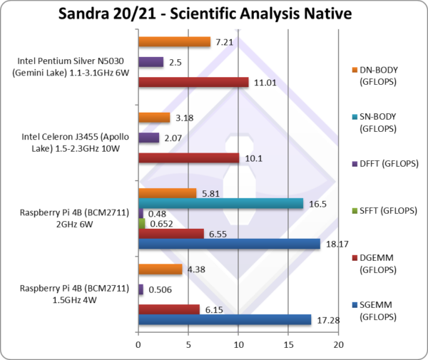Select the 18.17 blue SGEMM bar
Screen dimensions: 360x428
coord(229,244)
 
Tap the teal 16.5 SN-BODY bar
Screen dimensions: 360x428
coord(221,203)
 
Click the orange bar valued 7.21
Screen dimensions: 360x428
coord(174,42)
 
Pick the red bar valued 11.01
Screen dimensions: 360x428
coord(193,82)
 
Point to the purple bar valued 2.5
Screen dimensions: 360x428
coord(151,62)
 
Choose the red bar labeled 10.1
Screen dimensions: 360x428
coord(189,157)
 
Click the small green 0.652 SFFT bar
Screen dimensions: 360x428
coord(141,223)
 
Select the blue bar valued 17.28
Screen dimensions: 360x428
coord(225,319)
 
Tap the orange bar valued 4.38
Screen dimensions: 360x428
coord(160,269)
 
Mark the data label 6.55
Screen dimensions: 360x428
coord(216,234)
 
